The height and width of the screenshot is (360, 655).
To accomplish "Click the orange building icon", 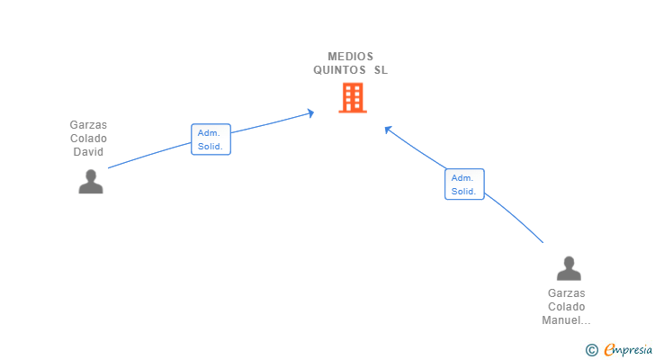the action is [x=352, y=97].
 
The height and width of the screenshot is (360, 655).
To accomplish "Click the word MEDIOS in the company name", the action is [x=351, y=56].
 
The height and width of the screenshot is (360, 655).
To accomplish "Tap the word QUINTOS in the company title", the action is [x=340, y=70].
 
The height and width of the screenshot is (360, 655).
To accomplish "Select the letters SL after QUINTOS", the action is [x=381, y=70].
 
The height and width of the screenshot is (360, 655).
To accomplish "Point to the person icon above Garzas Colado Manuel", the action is [x=569, y=268].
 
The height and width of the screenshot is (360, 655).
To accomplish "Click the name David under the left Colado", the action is [x=88, y=152].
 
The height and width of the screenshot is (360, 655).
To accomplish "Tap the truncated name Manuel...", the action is [x=567, y=320].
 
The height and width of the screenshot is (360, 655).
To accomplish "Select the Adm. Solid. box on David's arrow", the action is [x=211, y=139].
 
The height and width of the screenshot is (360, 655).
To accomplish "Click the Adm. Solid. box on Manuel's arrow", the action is [x=464, y=184].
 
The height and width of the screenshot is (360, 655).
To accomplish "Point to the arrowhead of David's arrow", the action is [x=310, y=112].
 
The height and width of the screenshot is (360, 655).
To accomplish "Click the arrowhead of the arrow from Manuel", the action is [x=388, y=129].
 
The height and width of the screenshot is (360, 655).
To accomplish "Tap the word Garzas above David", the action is [x=88, y=125].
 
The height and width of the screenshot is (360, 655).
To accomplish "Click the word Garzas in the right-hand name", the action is [x=567, y=293].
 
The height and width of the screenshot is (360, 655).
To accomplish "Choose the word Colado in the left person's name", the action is [x=88, y=139].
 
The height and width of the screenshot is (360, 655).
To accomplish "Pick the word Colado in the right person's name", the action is [x=567, y=307].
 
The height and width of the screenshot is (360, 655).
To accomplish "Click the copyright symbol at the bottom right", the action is [x=591, y=350].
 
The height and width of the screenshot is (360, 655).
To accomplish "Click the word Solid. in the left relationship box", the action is [x=211, y=146].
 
